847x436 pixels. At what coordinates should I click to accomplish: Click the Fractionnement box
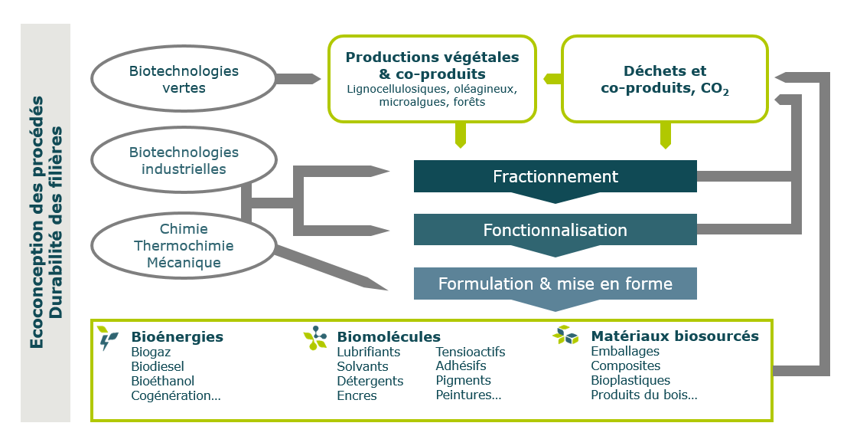pos(555,176)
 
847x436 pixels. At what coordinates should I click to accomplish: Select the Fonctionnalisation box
pos(555,230)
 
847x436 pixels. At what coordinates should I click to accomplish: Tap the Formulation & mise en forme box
pos(555,284)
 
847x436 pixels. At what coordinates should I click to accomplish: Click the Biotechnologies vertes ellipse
pos(184,79)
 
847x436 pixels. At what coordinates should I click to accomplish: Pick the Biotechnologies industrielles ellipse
pos(184,161)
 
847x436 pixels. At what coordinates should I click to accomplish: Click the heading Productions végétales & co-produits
pos(432,65)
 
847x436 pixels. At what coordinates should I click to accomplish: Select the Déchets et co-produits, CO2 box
pos(664,80)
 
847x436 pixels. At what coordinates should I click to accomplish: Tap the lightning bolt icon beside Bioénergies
pos(107,338)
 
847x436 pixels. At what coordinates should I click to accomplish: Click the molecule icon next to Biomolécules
pos(315,338)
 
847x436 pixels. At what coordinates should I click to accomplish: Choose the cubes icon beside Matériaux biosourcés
pos(565,336)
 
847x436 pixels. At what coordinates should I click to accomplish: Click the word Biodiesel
pos(158,366)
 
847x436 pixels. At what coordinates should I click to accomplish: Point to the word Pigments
pos(463,381)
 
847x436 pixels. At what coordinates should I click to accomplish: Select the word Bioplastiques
pos(630,381)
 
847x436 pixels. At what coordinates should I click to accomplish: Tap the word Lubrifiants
pos(368,352)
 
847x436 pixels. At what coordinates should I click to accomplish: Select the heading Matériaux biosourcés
pos(674,336)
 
